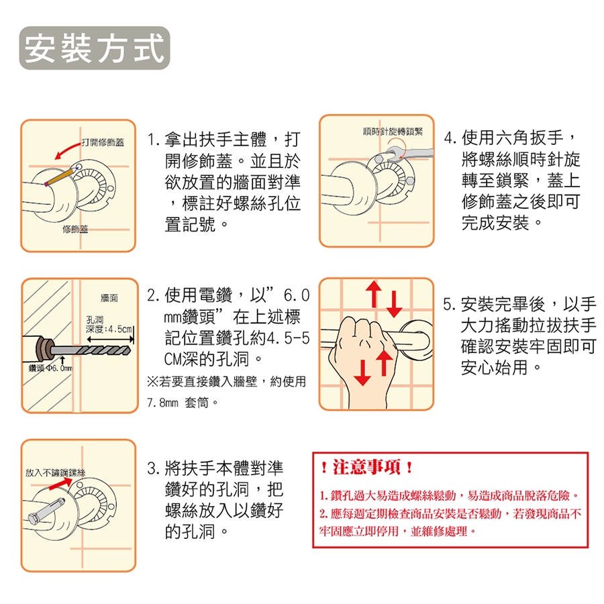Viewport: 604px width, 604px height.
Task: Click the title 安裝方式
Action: click(x=95, y=48)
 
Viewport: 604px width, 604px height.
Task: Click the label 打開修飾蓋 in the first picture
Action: click(x=103, y=142)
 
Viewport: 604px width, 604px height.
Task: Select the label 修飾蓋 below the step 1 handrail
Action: click(x=75, y=230)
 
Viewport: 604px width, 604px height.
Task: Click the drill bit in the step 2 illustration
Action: click(x=91, y=350)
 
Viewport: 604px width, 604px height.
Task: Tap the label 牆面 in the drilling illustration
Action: click(x=109, y=298)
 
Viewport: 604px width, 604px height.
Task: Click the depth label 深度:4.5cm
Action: click(x=109, y=329)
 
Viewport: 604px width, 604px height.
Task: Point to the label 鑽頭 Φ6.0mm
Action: click(x=50, y=368)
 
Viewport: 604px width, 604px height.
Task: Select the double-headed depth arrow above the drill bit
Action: click(x=110, y=340)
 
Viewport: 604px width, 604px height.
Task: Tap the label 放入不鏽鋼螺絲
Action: click(x=55, y=472)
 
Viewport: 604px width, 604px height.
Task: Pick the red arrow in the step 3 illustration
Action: click(x=60, y=484)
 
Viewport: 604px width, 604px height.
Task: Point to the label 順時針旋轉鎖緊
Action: click(x=393, y=132)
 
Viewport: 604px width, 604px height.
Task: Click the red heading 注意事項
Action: click(x=366, y=467)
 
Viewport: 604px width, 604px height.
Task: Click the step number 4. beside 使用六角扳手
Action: click(x=450, y=138)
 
